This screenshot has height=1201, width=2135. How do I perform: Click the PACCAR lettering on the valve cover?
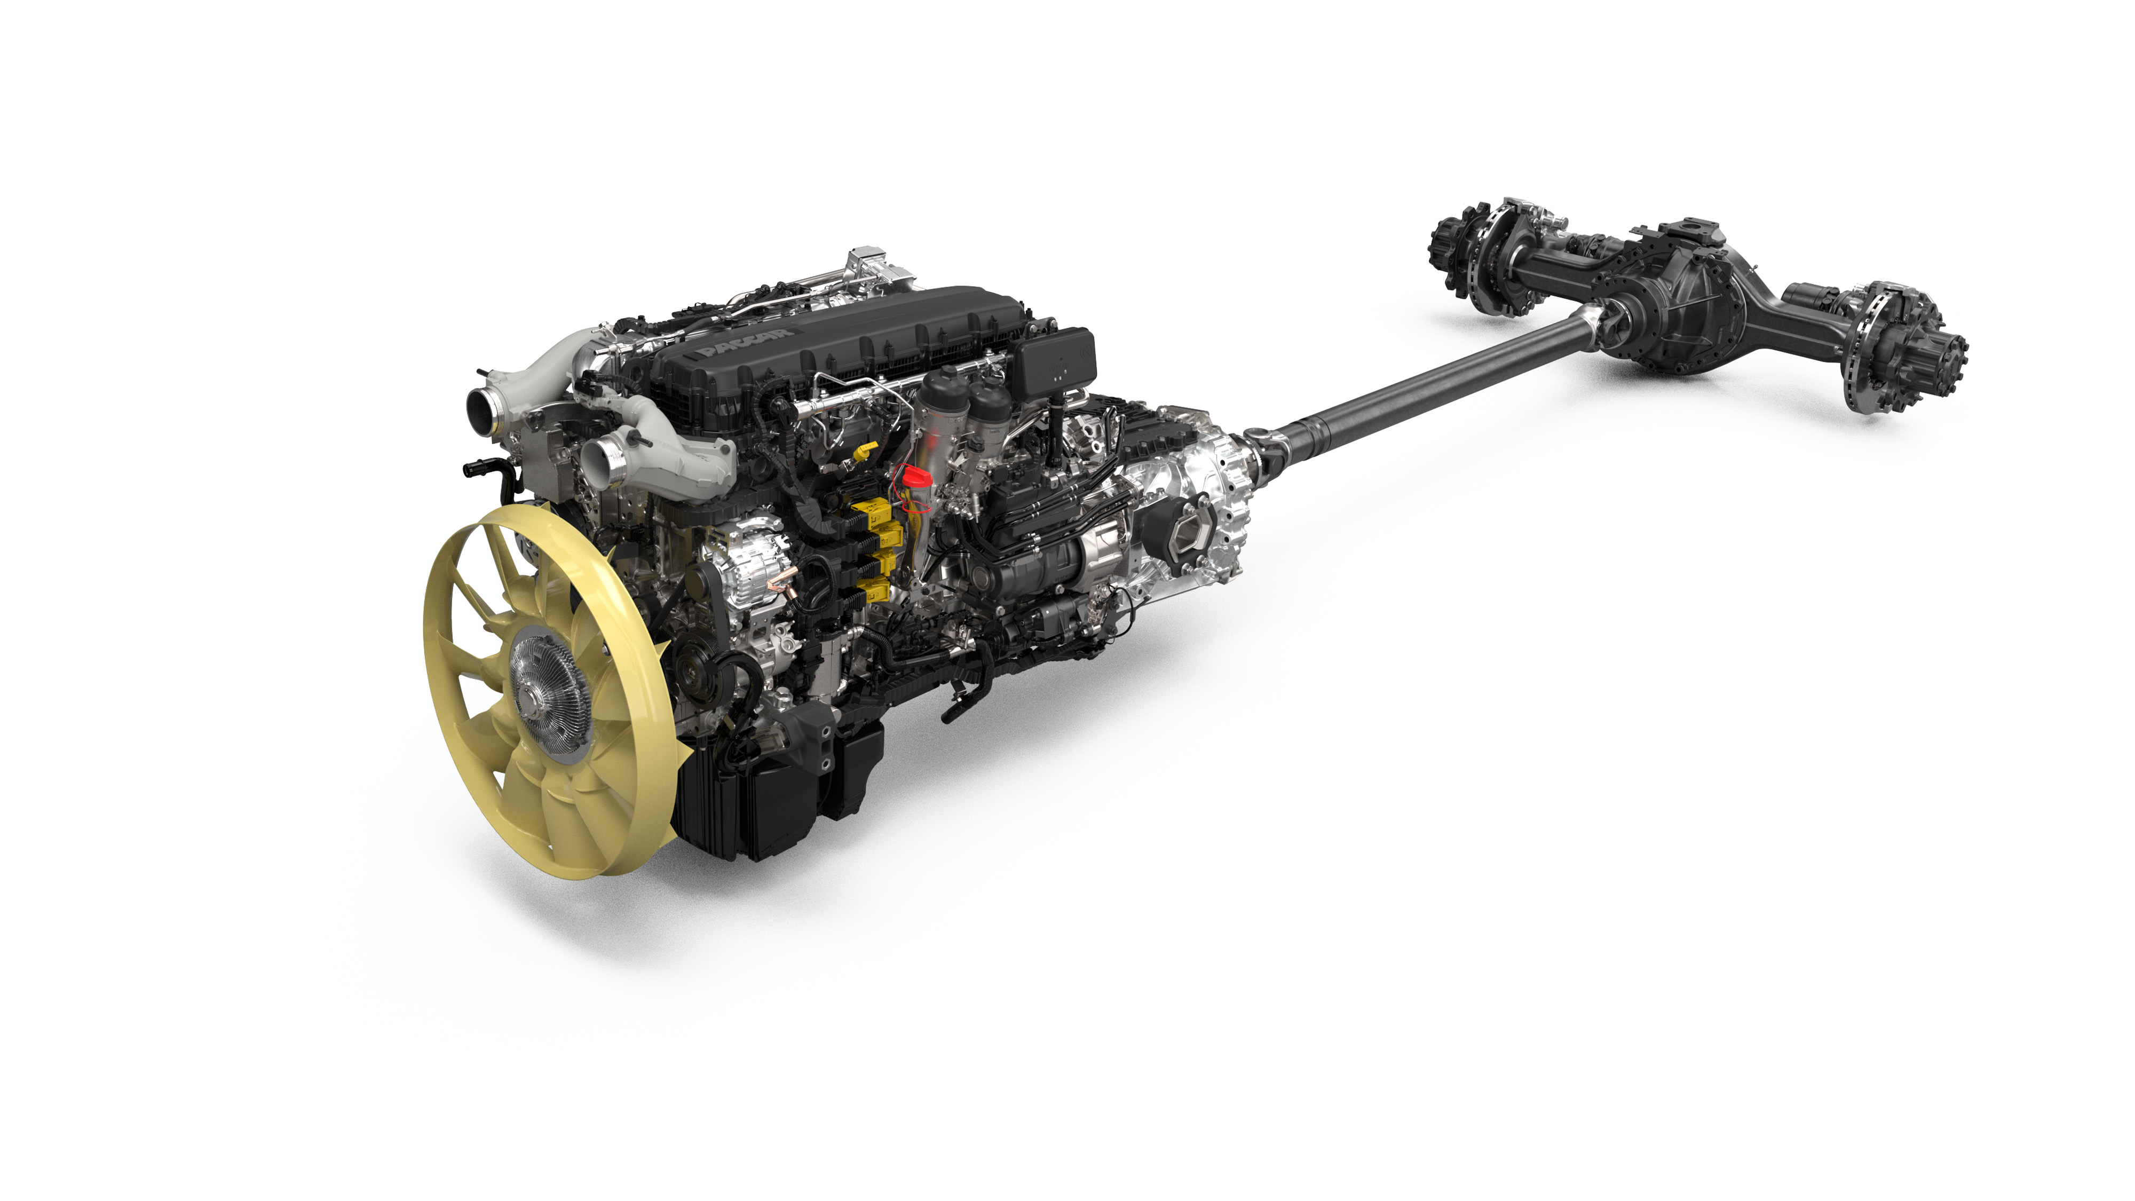(x=744, y=341)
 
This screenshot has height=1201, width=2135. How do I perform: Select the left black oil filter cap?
(x=943, y=385)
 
